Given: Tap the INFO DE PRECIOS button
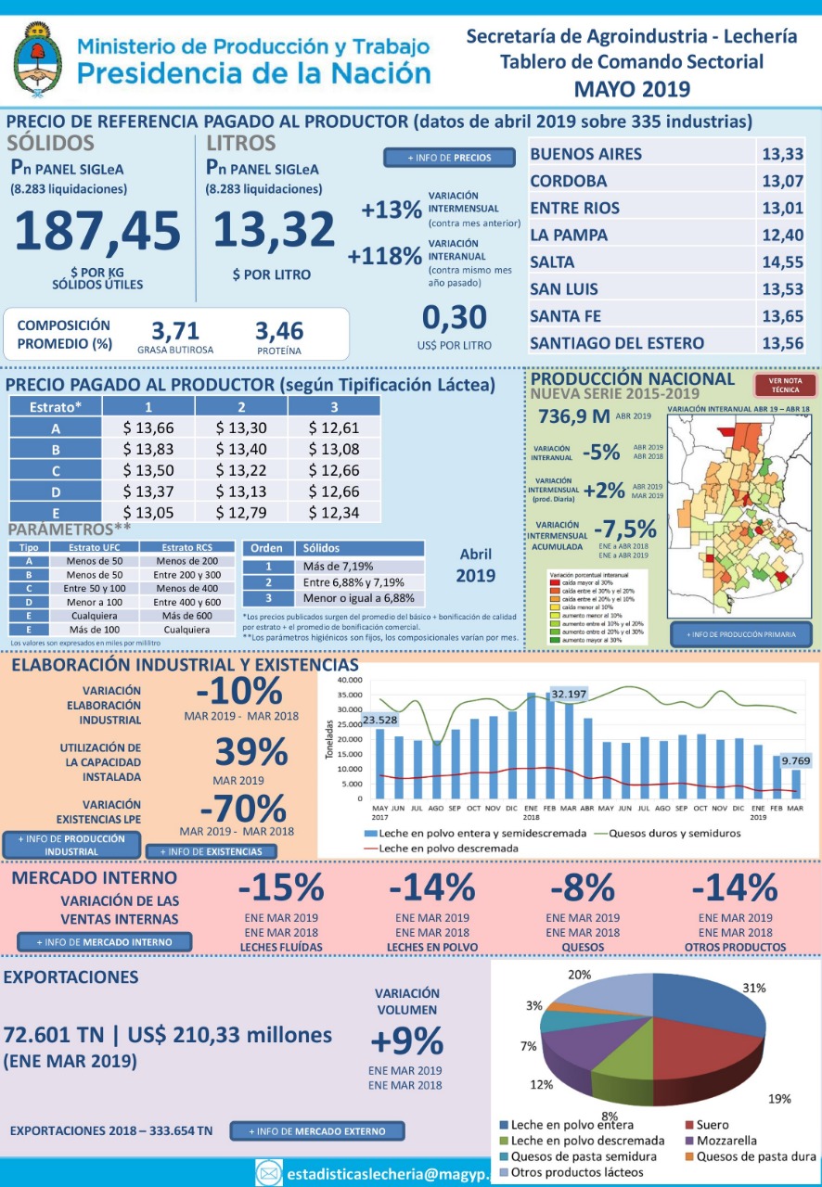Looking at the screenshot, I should (450, 158).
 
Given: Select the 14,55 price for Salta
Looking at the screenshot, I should (782, 262).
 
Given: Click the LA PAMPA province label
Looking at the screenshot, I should (569, 236).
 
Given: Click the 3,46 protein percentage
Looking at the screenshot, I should (278, 331).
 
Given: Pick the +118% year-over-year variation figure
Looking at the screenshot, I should (384, 256).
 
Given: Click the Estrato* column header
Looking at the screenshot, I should (55, 406).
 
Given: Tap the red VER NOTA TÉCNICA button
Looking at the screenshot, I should (785, 385).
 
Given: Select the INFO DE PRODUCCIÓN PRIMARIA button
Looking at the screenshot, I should (740, 634).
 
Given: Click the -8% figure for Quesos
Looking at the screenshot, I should (582, 888).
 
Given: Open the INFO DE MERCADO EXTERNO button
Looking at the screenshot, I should (317, 1131).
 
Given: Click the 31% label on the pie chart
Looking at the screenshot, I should (752, 988).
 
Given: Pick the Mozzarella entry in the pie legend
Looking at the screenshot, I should (732, 1140).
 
